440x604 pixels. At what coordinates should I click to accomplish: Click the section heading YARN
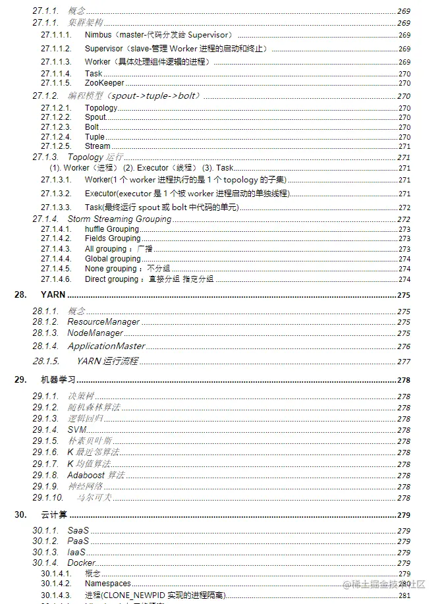click(53, 294)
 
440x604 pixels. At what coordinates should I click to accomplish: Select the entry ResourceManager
click(103, 322)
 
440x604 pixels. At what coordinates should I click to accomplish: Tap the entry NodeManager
click(96, 333)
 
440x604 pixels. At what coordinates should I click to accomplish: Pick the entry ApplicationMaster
click(106, 346)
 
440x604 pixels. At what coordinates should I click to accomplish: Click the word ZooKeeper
click(104, 83)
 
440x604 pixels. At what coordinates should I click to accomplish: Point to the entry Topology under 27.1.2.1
click(101, 108)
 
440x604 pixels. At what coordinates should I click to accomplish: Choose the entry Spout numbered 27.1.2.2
click(96, 117)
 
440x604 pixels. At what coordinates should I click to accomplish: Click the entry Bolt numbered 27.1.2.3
click(92, 127)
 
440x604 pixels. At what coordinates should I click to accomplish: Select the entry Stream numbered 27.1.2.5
click(97, 146)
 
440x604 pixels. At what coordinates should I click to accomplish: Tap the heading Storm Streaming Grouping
click(119, 219)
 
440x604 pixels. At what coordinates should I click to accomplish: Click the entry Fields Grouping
click(113, 238)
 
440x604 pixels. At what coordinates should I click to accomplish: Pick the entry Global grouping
click(113, 259)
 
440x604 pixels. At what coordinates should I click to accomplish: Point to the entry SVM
click(76, 429)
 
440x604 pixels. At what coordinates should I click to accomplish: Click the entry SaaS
click(78, 530)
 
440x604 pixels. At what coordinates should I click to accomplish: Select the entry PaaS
click(78, 541)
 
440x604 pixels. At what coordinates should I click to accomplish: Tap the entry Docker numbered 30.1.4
click(82, 563)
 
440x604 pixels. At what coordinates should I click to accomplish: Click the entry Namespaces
click(108, 584)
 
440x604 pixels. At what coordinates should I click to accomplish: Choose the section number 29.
click(20, 380)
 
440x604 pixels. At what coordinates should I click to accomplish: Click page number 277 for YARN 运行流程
click(404, 362)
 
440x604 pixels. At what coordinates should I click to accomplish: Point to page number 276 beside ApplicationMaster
click(404, 346)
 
